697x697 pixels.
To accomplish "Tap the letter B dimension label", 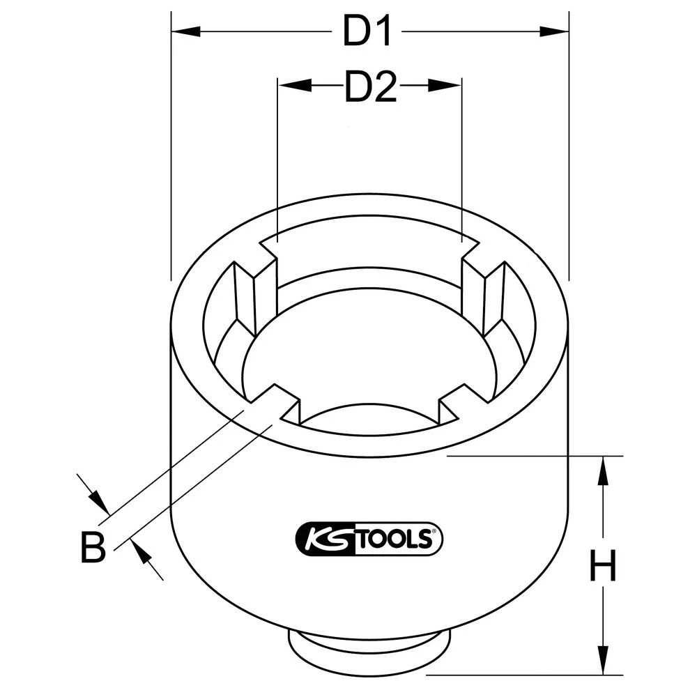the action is pos(92,548).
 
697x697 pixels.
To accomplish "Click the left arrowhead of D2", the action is pos(293,85).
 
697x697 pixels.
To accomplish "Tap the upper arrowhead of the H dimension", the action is pos(603,470).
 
